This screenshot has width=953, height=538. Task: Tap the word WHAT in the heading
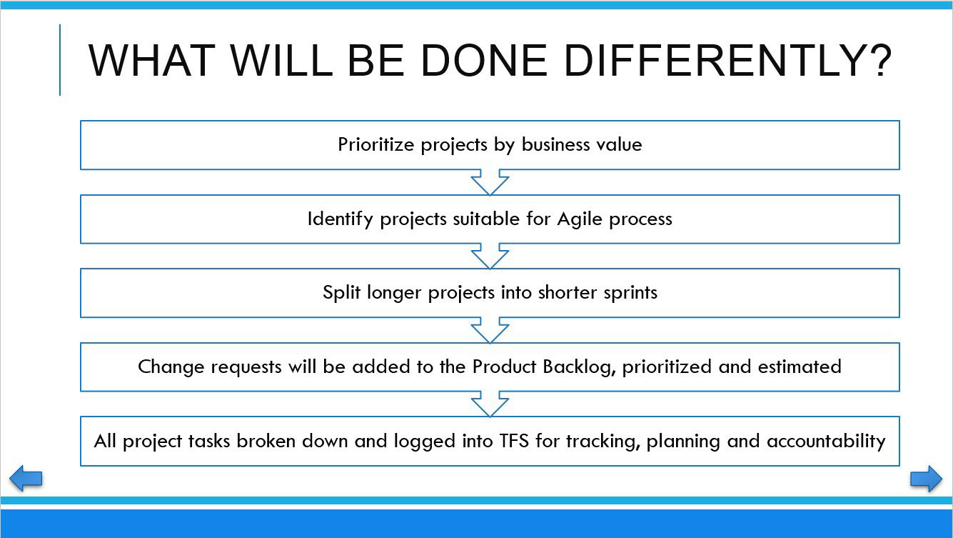tap(152, 61)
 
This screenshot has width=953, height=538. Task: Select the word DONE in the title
tap(483, 61)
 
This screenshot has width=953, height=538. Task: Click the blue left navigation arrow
tap(26, 478)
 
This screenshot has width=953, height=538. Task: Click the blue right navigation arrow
tap(926, 479)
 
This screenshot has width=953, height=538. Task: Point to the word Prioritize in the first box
tap(376, 145)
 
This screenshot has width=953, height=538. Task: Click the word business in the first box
tap(556, 144)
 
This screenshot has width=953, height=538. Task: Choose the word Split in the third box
tap(341, 293)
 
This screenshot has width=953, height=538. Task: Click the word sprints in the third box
tap(630, 294)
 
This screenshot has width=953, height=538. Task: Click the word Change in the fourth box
tap(171, 367)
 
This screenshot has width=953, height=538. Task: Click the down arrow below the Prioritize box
tap(490, 182)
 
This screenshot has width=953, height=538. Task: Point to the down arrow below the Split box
tap(490, 330)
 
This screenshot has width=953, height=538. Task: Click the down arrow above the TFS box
tap(490, 404)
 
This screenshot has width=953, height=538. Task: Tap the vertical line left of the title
tap(60, 60)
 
